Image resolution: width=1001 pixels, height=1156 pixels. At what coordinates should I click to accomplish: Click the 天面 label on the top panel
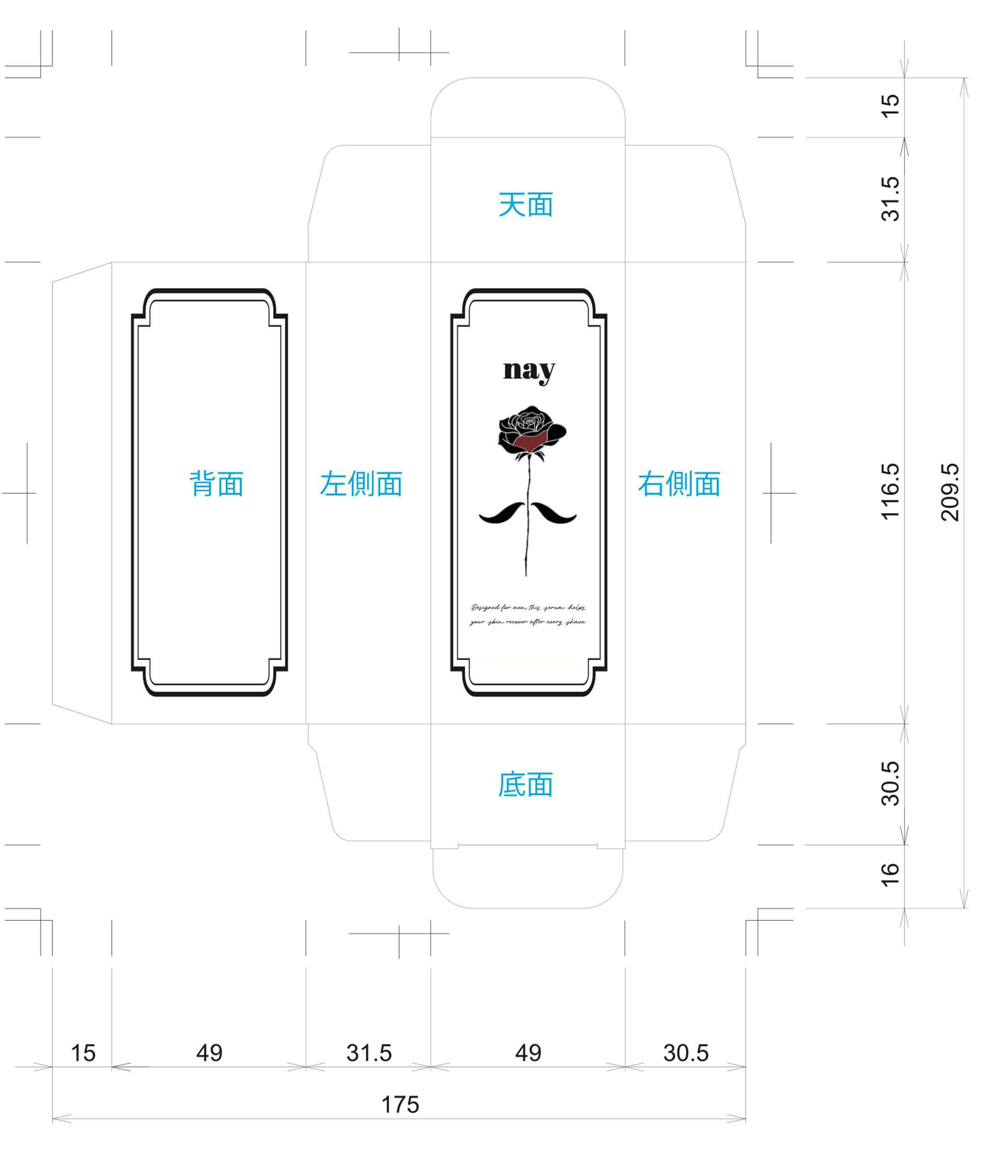pyautogui.click(x=526, y=205)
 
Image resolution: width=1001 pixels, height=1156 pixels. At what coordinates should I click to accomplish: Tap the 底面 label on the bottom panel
pyautogui.click(x=526, y=785)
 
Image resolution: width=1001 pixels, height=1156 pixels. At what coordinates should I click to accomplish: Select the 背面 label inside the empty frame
pyautogui.click(x=217, y=484)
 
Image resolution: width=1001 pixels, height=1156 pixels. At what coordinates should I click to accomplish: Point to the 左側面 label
pyautogui.click(x=361, y=484)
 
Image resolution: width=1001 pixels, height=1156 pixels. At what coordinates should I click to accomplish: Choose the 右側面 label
pyautogui.click(x=679, y=484)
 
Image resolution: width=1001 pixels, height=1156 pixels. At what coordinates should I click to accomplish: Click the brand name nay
pyautogui.click(x=529, y=371)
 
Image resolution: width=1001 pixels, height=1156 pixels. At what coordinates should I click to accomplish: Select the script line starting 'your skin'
pyautogui.click(x=528, y=622)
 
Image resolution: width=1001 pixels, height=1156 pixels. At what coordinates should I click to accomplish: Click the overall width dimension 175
pyautogui.click(x=400, y=1105)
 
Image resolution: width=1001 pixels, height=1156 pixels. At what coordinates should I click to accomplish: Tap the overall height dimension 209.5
pyautogui.click(x=950, y=492)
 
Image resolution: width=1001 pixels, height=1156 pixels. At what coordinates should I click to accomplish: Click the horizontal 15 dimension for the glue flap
pyautogui.click(x=83, y=1053)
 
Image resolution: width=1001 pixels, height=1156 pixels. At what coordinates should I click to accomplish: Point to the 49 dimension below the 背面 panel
pyautogui.click(x=209, y=1053)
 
